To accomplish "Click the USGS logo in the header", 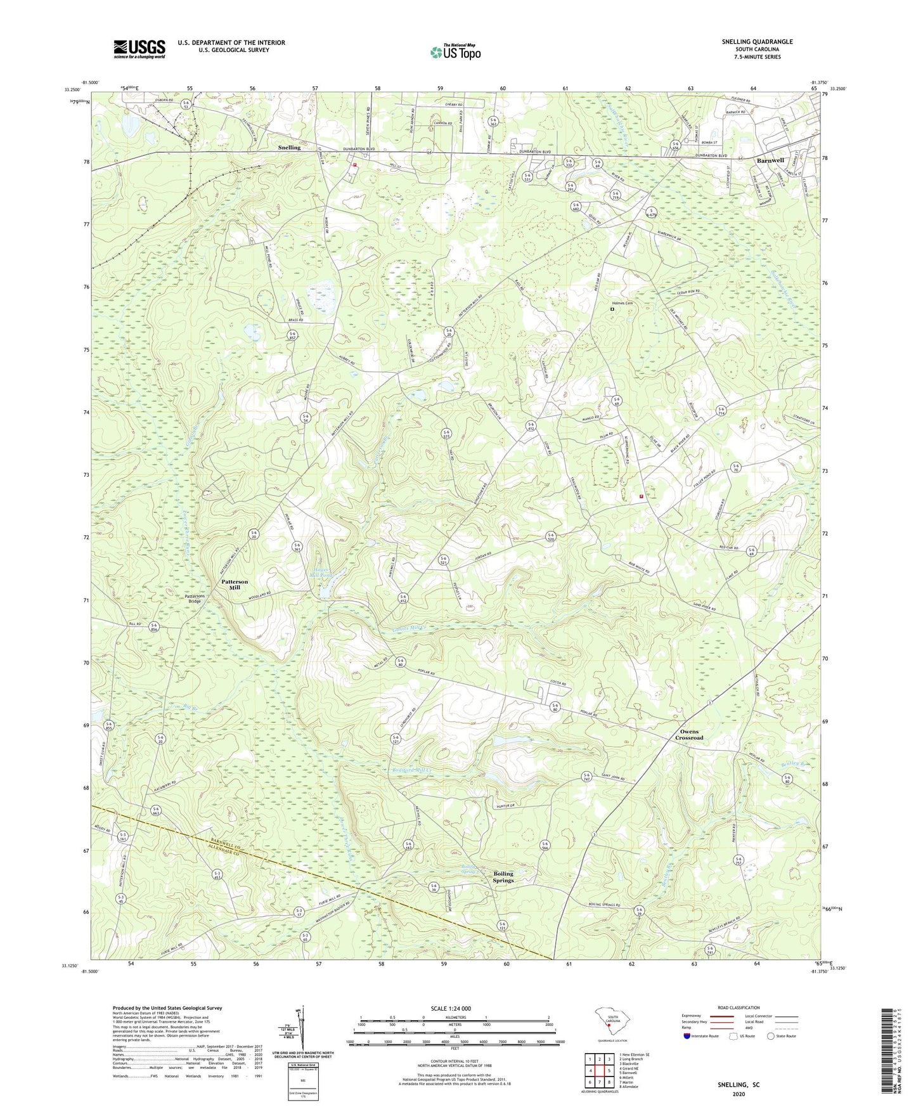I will pos(139,49).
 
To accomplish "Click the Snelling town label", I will pos(289,147).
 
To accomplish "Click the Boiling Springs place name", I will pos(503,877).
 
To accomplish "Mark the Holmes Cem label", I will pos(622,303).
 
